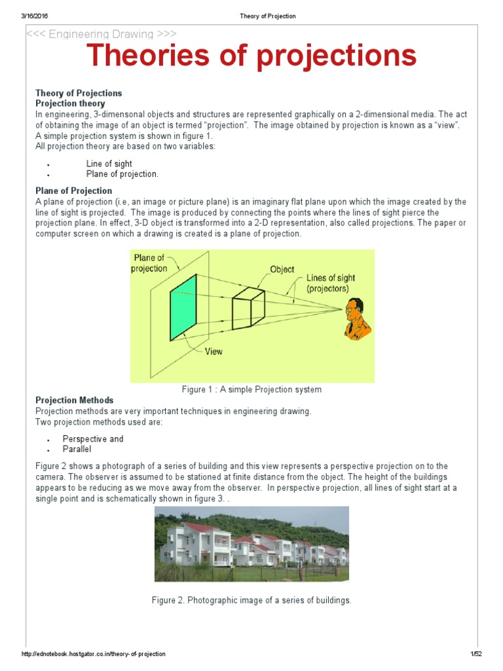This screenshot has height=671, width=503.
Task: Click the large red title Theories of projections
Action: (x=252, y=56)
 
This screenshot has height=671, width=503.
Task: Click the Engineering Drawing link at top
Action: (x=101, y=34)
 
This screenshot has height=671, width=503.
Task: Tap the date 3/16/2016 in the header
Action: (x=36, y=16)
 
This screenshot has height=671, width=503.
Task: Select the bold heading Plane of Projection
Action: (x=73, y=191)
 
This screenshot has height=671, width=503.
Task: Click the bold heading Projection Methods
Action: (x=74, y=400)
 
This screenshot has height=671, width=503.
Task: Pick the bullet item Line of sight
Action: (x=109, y=164)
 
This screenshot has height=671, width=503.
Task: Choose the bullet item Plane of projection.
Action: (x=122, y=174)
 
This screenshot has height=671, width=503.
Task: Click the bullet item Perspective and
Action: (x=93, y=439)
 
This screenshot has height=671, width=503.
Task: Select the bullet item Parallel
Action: (x=77, y=450)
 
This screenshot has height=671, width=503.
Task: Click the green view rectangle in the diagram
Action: (x=183, y=307)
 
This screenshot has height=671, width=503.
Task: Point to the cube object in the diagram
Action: (x=248, y=307)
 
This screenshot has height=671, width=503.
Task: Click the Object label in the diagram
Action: (x=282, y=269)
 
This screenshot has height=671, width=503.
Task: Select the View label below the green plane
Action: (x=214, y=352)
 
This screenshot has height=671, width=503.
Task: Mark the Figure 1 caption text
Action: (x=251, y=390)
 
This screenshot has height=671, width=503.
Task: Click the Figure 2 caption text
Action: (x=251, y=600)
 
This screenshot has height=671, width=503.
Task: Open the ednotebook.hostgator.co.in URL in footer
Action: (x=94, y=655)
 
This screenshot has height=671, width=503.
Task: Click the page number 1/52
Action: (x=475, y=655)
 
